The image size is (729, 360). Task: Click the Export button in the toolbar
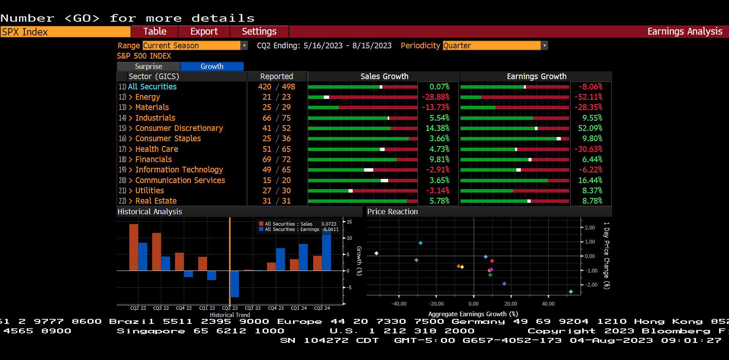tap(204, 32)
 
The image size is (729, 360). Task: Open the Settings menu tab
tap(259, 32)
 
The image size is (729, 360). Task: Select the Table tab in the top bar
tap(154, 32)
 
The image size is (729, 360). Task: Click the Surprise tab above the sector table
tap(148, 66)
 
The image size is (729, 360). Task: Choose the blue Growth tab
tap(212, 66)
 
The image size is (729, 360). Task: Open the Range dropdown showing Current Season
tap(195, 46)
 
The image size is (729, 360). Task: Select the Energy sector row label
tap(148, 97)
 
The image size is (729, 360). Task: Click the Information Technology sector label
tap(179, 170)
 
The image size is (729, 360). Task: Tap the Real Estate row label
tap(156, 201)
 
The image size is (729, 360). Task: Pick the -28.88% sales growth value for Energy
tap(436, 97)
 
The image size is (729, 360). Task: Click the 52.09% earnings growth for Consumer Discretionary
tap(590, 128)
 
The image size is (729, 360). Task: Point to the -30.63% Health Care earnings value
tap(588, 149)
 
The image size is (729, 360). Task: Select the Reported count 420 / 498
tap(277, 87)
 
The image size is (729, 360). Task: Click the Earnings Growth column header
tap(536, 76)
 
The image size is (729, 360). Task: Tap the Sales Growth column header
tap(384, 76)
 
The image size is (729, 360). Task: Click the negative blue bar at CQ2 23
tap(234, 284)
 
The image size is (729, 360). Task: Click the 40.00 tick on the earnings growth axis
tap(548, 304)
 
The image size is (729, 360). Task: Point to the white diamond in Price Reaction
tap(376, 253)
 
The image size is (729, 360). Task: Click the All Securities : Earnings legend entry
tap(292, 229)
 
